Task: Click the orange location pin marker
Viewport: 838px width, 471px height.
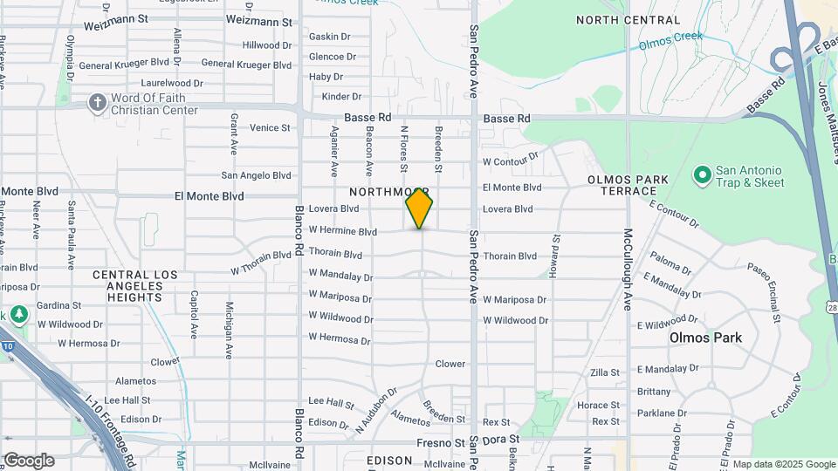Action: pyautogui.click(x=419, y=208)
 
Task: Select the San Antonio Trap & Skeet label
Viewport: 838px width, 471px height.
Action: pyautogui.click(x=750, y=176)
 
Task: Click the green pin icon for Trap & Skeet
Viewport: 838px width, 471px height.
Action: pyautogui.click(x=701, y=175)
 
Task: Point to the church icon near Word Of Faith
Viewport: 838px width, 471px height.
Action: pyautogui.click(x=97, y=103)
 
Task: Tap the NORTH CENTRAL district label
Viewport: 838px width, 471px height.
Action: pyautogui.click(x=628, y=20)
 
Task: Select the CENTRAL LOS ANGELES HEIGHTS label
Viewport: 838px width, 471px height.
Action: pyautogui.click(x=135, y=286)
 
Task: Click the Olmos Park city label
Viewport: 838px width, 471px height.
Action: pyautogui.click(x=705, y=338)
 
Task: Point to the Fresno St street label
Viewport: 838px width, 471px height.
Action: pyautogui.click(x=440, y=443)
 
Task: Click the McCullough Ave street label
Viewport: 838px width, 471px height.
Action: pyautogui.click(x=627, y=270)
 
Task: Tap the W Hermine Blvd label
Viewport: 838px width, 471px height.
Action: pyautogui.click(x=342, y=231)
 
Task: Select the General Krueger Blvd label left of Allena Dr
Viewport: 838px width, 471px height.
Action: pyautogui.click(x=123, y=65)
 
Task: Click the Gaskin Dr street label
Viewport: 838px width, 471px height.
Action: pyautogui.click(x=329, y=37)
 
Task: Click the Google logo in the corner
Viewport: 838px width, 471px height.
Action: pyautogui.click(x=29, y=461)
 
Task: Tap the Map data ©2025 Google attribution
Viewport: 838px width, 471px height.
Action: pyautogui.click(x=783, y=464)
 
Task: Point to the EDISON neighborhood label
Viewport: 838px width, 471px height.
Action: pyautogui.click(x=388, y=461)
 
